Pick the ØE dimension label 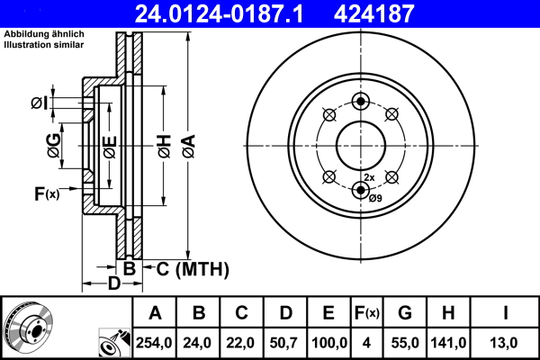point(109,146)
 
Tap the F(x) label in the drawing point(46,193)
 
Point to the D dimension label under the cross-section point(114,285)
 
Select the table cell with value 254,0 point(155,342)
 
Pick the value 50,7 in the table point(287,342)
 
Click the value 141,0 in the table point(448,342)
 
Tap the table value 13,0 point(507,342)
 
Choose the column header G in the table point(404,313)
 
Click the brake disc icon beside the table point(27,328)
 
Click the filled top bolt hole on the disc point(362,100)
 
